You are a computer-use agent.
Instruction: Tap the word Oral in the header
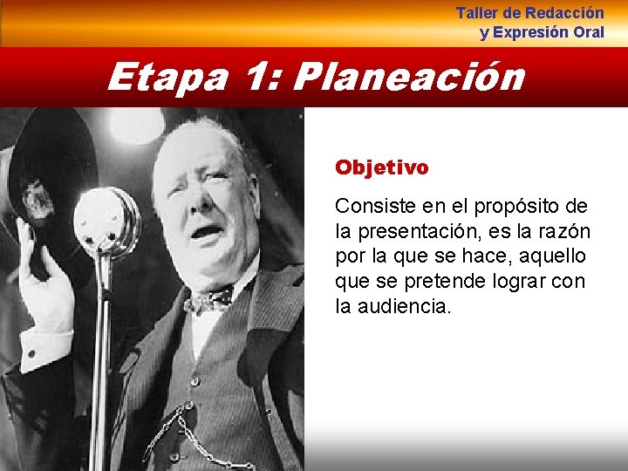pyautogui.click(x=588, y=32)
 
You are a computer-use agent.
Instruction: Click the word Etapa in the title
pyautogui.click(x=167, y=77)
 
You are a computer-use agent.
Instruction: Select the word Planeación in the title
pyautogui.click(x=409, y=77)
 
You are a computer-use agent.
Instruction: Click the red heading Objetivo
pyautogui.click(x=382, y=167)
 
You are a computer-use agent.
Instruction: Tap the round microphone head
pyautogui.click(x=106, y=220)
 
